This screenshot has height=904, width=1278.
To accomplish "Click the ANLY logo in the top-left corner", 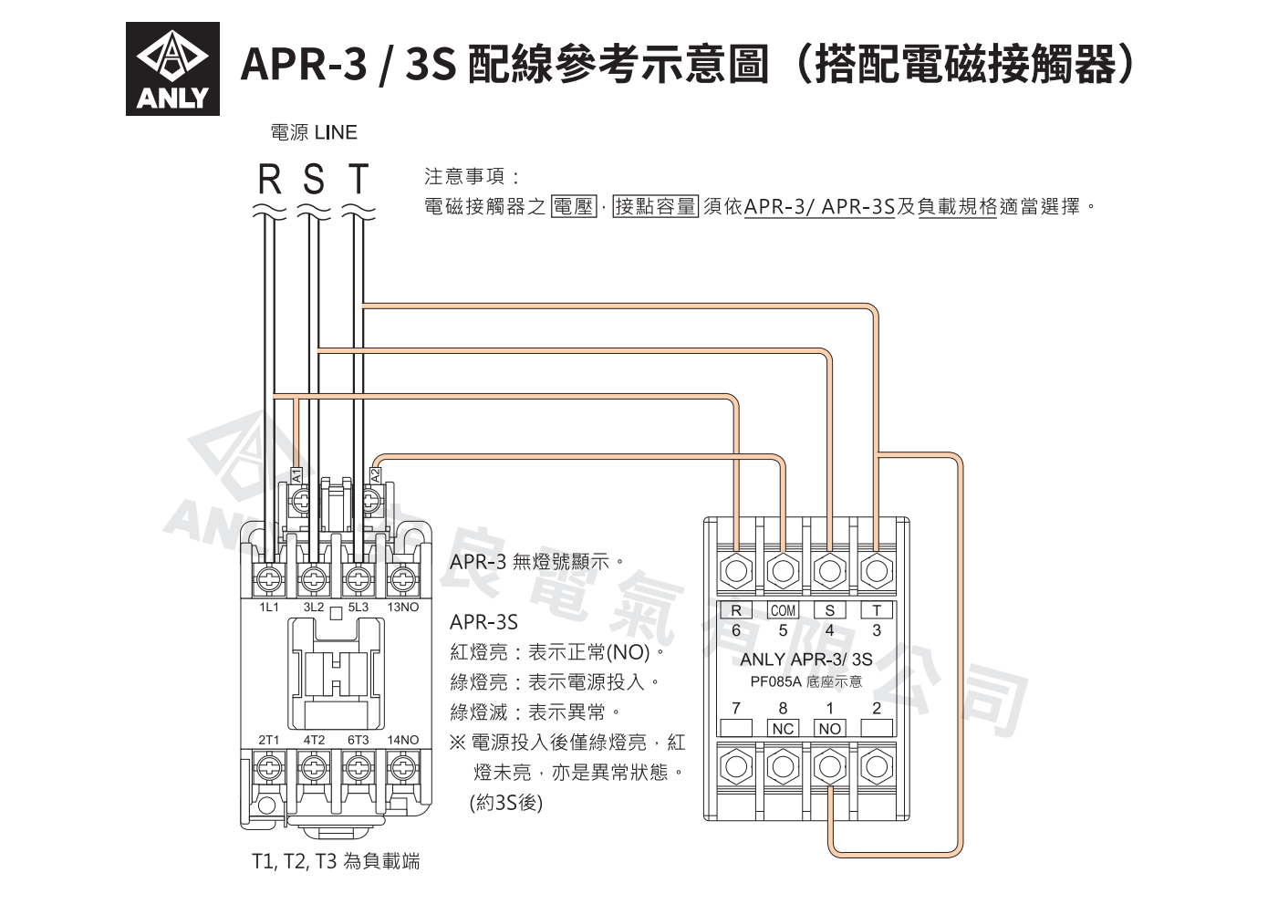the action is pos(172,68).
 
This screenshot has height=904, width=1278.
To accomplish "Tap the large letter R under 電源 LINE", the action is pos(270,179).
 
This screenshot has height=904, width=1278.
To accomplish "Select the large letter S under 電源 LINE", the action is pos(314,179).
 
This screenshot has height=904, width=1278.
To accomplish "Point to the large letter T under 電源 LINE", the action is pos(358,179).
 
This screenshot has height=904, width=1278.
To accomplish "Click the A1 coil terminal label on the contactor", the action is pos(296,475).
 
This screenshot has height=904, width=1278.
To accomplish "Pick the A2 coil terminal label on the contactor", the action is pos(375,475).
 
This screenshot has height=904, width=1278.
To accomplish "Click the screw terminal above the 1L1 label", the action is pos(269,580).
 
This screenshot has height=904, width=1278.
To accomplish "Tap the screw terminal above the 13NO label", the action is pos(403,580).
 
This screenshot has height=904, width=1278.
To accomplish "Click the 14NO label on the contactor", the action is pos(403,740).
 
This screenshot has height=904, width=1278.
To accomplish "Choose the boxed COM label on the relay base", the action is pos(783,610).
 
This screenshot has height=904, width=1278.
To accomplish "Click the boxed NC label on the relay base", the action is pos(783,728).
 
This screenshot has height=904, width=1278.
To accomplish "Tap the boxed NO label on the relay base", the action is pos(829,728).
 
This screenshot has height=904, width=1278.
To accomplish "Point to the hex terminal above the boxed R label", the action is pos(736,570).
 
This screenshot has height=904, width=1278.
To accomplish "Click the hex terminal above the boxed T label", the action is pos(877,570).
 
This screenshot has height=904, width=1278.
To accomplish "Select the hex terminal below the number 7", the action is pos(736,767).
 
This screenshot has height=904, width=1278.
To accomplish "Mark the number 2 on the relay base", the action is pos(877,708).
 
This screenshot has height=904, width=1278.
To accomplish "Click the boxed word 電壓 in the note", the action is pos(574,206).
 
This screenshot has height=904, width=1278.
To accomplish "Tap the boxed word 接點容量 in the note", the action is pos(656,206).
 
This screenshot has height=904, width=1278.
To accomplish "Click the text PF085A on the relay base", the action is pos(776,681).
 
